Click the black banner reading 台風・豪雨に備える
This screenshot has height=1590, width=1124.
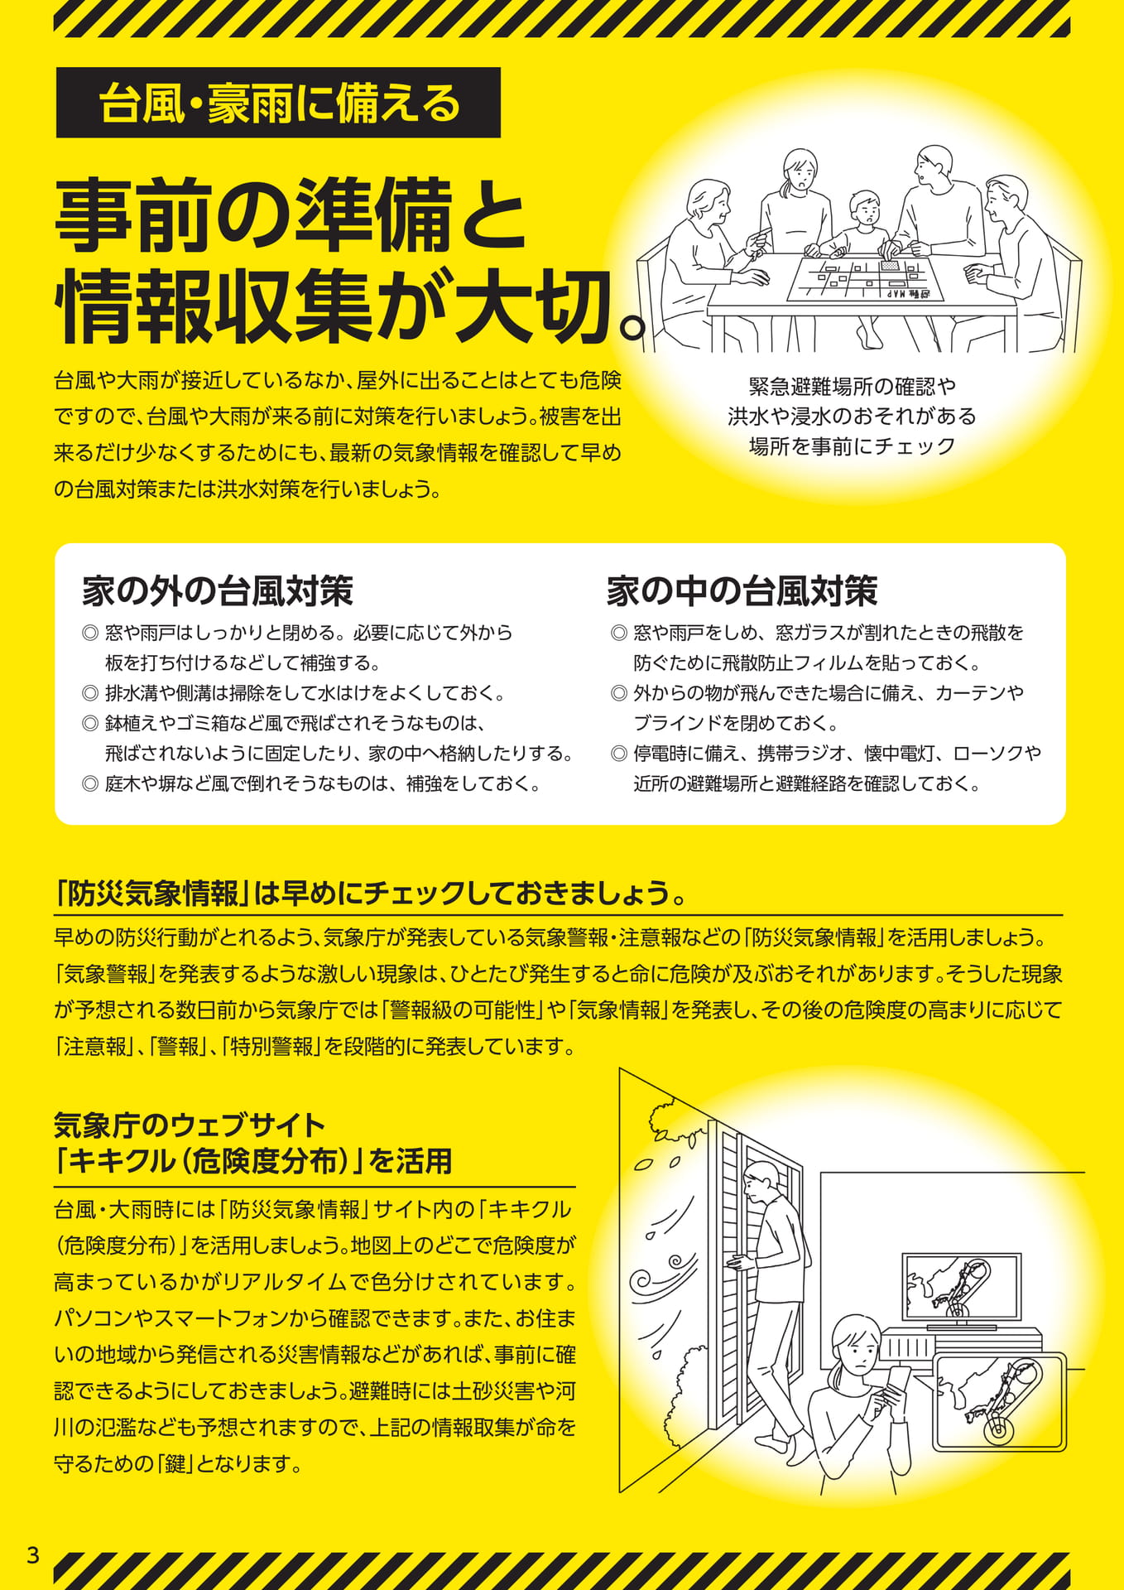(x=278, y=103)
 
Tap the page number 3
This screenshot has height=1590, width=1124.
(x=33, y=1554)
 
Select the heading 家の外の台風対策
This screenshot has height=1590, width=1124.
(x=218, y=590)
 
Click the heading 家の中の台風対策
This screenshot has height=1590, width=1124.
(x=742, y=590)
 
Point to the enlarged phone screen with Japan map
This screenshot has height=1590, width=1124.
(x=1000, y=1401)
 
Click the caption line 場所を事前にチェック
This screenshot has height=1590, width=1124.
(x=853, y=446)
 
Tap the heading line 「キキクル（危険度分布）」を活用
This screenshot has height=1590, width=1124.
(x=253, y=1161)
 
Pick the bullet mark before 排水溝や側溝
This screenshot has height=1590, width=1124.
(x=90, y=693)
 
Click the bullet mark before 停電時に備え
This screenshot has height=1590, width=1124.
(x=618, y=754)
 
